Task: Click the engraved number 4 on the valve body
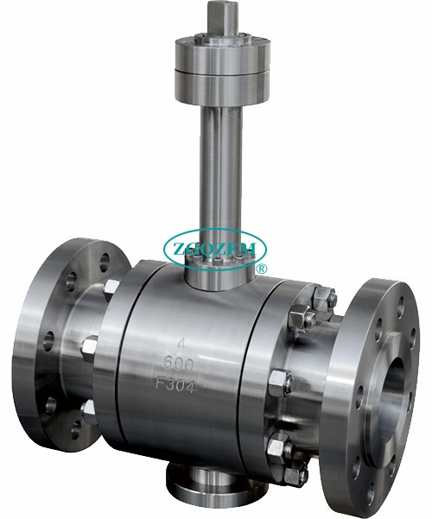(181, 345)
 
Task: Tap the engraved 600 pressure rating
(179, 364)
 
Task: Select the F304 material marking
(175, 386)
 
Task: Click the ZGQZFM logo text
(215, 248)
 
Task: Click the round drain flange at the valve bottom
(215, 490)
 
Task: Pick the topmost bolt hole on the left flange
(105, 263)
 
